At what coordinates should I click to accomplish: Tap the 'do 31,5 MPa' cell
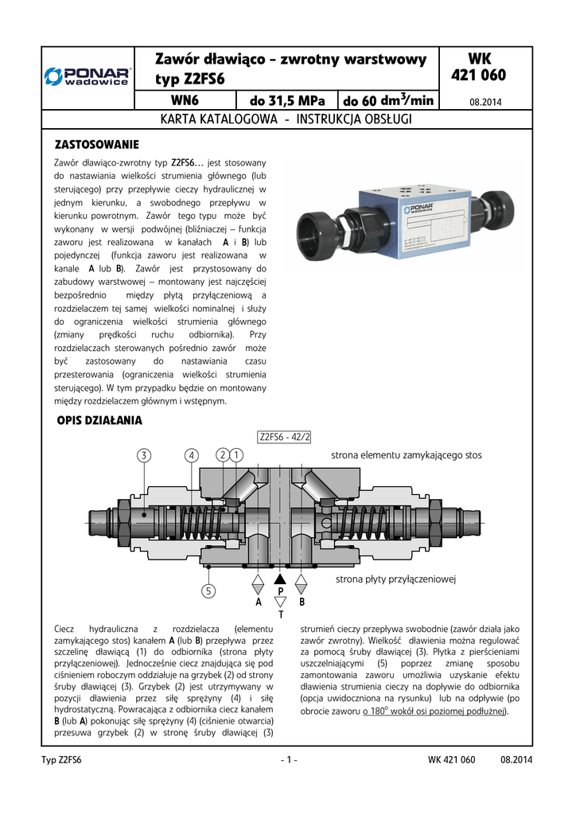coord(287,100)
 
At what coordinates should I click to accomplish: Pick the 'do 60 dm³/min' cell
coord(387,100)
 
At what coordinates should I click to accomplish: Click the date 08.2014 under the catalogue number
coord(485,102)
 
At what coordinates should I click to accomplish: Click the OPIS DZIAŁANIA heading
coord(99,419)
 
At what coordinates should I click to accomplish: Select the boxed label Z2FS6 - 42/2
coord(285,436)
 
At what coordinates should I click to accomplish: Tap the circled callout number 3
coord(143,455)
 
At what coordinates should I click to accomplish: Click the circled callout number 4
coord(191,455)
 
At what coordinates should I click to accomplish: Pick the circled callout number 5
coord(208,591)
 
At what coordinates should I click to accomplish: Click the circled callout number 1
coord(238,454)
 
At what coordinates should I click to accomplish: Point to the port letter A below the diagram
coord(256,602)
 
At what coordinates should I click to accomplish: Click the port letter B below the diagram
coord(302,602)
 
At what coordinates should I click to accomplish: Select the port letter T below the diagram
coord(279,615)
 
